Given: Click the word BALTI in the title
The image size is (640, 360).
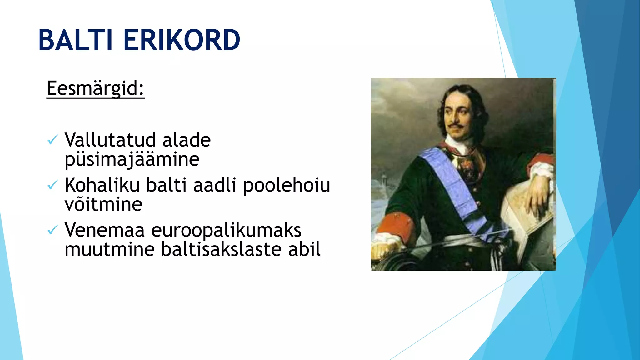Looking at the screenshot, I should (x=75, y=40).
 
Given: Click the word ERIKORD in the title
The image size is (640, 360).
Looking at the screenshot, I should (x=182, y=40).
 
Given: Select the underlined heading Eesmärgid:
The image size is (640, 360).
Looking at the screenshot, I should (x=95, y=88).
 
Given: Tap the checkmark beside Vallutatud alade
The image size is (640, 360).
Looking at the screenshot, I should (x=52, y=139).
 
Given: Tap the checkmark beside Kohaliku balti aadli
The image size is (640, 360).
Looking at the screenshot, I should (x=52, y=185).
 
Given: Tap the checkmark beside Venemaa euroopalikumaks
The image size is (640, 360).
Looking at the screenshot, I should (x=52, y=230).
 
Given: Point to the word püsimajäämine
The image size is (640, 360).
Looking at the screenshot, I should (x=132, y=159).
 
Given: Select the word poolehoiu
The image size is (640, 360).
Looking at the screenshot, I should (x=287, y=185).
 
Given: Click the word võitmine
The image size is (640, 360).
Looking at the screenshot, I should (x=103, y=204).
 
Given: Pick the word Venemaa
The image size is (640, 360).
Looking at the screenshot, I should (x=105, y=230).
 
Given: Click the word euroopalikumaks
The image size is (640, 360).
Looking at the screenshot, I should (x=226, y=230).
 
